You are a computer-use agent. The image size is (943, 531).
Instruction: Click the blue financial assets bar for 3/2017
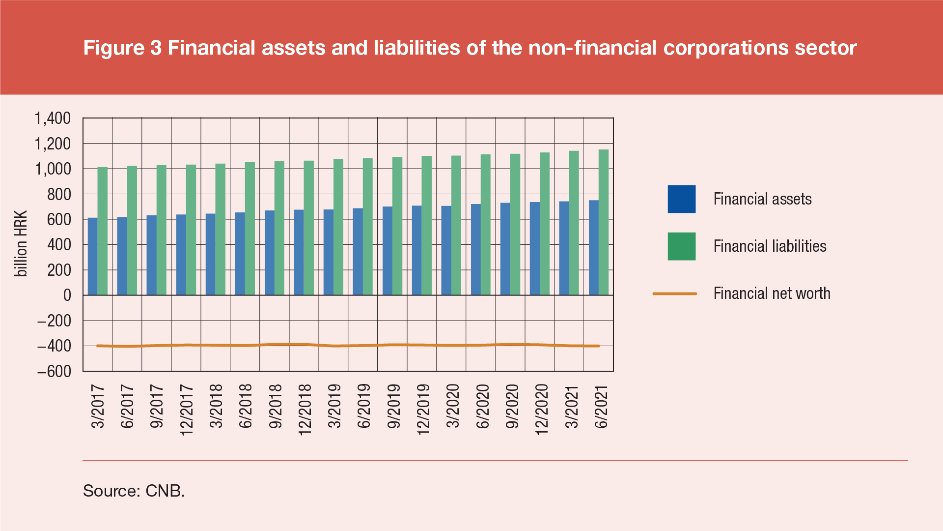point(93,256)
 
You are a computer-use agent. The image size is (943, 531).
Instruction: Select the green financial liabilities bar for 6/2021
point(604,222)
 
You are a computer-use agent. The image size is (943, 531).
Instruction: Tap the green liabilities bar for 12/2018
point(309,228)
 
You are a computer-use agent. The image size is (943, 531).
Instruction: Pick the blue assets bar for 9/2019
point(388,251)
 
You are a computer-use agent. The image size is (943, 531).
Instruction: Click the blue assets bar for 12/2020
point(535,248)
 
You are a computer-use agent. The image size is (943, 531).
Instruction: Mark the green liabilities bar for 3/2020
point(456,225)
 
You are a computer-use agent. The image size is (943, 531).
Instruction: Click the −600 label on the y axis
point(54,371)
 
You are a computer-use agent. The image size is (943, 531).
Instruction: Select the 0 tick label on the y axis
point(67,295)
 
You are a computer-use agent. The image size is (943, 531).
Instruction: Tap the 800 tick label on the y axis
point(59,194)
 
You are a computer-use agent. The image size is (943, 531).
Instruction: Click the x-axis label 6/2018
point(246,406)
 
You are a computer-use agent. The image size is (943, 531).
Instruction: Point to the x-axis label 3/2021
point(572,406)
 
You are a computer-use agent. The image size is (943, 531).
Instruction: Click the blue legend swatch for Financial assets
point(681,199)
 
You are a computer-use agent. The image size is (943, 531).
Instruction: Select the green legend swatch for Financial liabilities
point(681,246)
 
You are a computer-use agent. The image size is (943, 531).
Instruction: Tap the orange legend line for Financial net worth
point(674,294)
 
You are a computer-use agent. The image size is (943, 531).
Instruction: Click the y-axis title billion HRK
point(21,244)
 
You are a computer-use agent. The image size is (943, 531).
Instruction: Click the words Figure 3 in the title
point(122,48)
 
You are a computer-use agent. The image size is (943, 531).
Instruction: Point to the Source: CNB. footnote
point(134,491)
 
